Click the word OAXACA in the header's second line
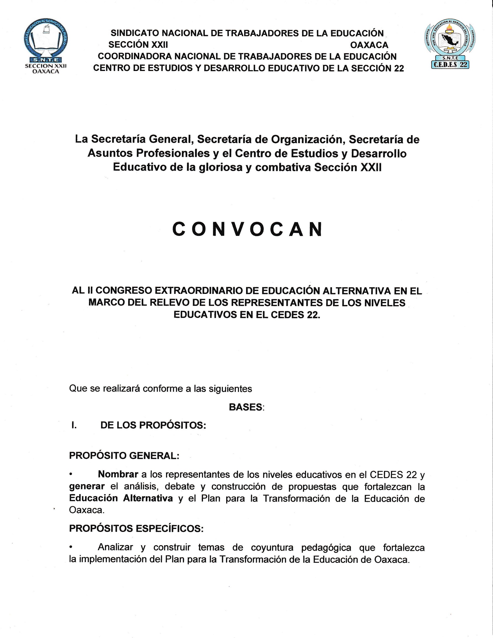click(369, 45)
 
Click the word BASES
click(246, 407)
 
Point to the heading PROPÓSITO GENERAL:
click(124, 455)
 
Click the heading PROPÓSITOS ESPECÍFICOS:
click(136, 528)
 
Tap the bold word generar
click(87, 486)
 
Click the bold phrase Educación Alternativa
click(121, 498)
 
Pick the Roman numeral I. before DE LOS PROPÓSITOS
click(74, 425)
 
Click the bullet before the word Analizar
click(71, 547)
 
